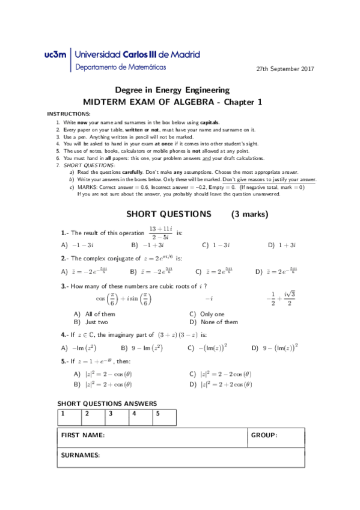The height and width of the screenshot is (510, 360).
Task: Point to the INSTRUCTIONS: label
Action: (69, 114)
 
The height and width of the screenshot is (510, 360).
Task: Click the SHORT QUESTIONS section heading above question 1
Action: (169, 214)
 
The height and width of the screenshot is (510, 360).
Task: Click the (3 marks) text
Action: (249, 214)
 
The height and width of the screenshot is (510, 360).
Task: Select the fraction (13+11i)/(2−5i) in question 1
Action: (160, 233)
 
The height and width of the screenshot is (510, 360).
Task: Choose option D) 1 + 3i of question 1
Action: (282, 245)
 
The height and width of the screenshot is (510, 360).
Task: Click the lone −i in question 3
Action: (209, 298)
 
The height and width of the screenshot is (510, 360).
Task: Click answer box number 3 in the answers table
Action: (118, 417)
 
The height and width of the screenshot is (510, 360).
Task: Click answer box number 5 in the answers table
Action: (165, 417)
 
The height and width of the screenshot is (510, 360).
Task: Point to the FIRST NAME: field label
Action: (83, 435)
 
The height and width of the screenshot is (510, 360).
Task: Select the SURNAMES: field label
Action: (81, 456)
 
